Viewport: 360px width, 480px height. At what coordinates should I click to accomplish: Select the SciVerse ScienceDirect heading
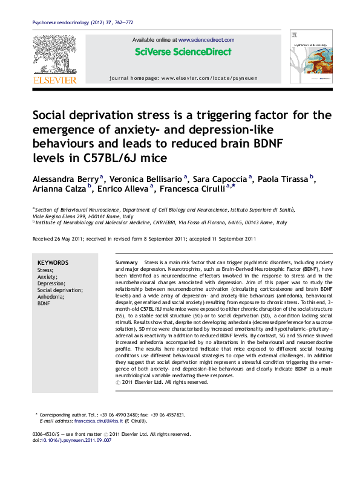[x=183, y=52]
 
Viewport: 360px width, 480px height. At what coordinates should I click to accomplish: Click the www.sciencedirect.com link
[x=206, y=40]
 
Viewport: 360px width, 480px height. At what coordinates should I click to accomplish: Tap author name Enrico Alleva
[x=125, y=189]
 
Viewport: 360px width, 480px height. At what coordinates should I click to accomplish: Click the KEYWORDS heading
[x=53, y=262]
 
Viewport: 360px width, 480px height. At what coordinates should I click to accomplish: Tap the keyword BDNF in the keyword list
[x=44, y=303]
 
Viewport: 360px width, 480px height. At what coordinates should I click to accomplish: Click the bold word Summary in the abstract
[x=127, y=263]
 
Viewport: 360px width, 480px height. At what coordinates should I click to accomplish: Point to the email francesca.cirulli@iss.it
[x=99, y=420]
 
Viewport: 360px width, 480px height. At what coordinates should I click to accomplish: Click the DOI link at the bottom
[x=79, y=441]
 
